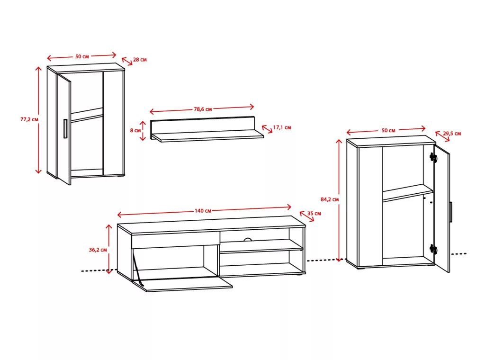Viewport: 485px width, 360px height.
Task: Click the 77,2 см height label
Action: (29, 119)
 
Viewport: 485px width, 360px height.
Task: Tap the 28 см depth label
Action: (140, 60)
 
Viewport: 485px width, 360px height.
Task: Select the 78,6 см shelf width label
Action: (203, 109)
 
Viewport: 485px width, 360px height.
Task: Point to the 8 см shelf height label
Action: (135, 131)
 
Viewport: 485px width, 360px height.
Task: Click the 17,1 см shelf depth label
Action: (282, 127)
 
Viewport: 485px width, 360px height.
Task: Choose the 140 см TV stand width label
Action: (203, 211)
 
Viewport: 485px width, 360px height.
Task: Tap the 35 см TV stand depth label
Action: (314, 214)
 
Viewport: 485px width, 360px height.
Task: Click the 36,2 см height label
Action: (98, 250)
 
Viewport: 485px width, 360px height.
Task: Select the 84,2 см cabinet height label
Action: (330, 199)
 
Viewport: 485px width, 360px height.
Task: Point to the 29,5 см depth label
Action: (452, 134)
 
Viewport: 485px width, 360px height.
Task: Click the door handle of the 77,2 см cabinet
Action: (65, 129)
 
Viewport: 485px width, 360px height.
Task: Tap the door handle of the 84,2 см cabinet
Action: (451, 212)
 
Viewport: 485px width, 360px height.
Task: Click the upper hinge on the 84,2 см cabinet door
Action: (433, 157)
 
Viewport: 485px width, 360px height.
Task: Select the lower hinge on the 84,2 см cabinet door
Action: (433, 249)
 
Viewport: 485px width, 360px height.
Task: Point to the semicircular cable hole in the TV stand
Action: (248, 239)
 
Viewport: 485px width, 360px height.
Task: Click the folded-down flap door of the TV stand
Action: (182, 284)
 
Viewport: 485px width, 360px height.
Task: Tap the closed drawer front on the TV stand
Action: (176, 241)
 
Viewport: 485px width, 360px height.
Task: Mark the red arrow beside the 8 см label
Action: (143, 131)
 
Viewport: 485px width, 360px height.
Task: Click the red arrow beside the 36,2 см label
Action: (108, 249)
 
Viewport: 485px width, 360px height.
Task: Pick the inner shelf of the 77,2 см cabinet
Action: (87, 115)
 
